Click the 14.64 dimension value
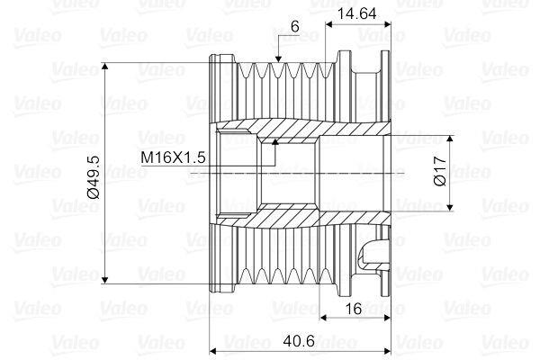356,13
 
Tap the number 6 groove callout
295,26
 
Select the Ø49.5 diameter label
94,177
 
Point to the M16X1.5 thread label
173,157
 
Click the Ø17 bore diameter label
440,171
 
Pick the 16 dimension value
354,309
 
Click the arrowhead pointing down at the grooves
278,58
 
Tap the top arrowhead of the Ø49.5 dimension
105,67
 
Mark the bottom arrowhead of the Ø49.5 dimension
105,280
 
